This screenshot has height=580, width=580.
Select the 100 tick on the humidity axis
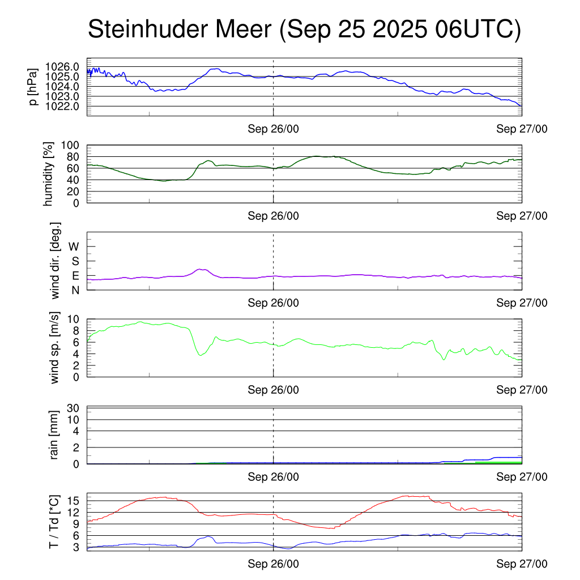[x=74, y=145]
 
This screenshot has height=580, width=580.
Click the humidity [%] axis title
[x=49, y=174]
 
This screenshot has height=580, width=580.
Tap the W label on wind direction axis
[x=74, y=246]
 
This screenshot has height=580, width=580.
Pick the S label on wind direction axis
[x=75, y=261]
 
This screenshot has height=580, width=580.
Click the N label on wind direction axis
[x=75, y=290]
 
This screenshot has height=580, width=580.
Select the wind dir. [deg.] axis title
[x=55, y=261]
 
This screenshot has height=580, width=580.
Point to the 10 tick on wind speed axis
[x=74, y=319]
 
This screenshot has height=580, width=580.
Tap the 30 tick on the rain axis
[x=74, y=408]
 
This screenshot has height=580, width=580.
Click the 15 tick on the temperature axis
[x=74, y=501]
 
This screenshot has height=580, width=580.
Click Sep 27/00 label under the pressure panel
[x=522, y=129]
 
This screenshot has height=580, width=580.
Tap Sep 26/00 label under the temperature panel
[x=273, y=564]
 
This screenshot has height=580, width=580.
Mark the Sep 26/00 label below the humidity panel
[x=273, y=215]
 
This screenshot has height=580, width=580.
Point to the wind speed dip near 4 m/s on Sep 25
[x=200, y=355]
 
